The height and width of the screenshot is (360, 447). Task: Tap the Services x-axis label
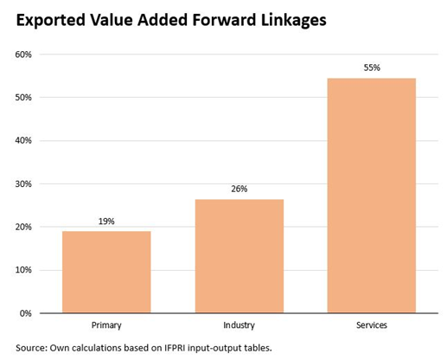click(371, 325)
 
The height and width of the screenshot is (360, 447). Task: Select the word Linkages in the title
click(288, 21)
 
